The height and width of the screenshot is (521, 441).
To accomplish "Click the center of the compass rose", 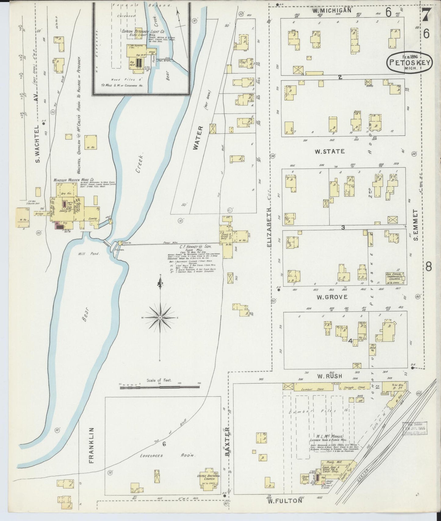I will coord(160,318).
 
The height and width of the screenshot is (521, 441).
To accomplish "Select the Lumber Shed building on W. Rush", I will coord(313,387).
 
